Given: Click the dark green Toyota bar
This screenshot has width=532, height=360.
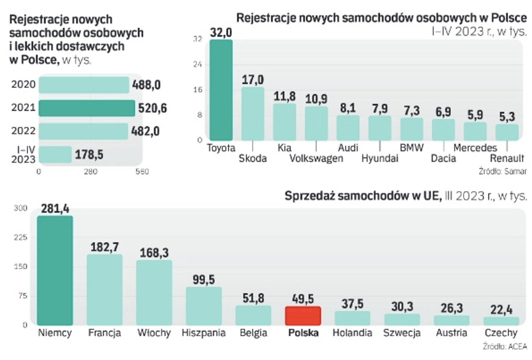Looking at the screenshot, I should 221,90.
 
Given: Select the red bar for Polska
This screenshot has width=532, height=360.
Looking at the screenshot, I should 303,316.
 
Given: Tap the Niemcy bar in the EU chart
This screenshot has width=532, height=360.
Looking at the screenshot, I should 55,270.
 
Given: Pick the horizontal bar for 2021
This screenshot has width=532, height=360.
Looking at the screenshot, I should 87,108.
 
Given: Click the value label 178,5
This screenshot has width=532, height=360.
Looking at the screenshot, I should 89,155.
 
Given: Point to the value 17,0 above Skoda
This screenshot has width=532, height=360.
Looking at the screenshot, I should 252,80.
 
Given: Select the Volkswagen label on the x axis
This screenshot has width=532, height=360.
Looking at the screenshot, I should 316,158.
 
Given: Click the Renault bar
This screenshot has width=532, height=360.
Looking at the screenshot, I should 507,132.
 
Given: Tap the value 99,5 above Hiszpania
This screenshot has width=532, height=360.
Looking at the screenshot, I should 204,280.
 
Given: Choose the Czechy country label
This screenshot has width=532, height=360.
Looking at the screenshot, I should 501,333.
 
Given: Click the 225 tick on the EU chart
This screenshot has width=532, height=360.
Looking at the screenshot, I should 20,237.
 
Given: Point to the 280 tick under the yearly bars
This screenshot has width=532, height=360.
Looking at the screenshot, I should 90,172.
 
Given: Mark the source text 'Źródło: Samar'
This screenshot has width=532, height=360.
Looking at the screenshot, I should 502,171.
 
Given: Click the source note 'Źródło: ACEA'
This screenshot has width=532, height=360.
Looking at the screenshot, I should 504,346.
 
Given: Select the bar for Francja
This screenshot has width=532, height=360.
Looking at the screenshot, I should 104,290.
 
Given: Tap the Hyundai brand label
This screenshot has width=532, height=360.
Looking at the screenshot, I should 380,158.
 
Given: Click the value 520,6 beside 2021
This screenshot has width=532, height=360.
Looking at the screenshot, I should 152,108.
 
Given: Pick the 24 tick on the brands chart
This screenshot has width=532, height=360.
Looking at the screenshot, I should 198,64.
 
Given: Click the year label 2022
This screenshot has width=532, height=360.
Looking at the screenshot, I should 23,131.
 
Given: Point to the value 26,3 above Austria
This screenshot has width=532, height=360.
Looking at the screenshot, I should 452,308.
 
